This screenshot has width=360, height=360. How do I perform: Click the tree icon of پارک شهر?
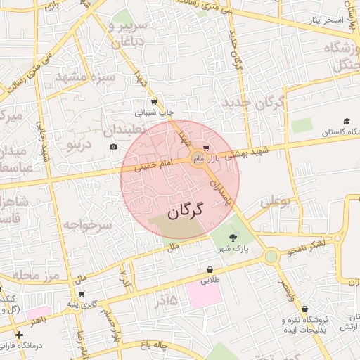[x=233, y=238]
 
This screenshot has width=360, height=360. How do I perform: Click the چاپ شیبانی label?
[x=159, y=112]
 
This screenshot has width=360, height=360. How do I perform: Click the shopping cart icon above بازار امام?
[x=205, y=148]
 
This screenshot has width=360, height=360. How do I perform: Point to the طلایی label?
[x=211, y=281]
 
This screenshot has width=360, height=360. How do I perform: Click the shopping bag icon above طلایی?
[x=210, y=269]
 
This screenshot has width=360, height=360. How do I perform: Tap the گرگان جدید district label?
[x=253, y=103]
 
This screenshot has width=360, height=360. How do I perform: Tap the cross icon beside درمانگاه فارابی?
[x=19, y=335]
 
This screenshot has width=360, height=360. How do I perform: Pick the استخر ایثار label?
[x=325, y=19]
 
